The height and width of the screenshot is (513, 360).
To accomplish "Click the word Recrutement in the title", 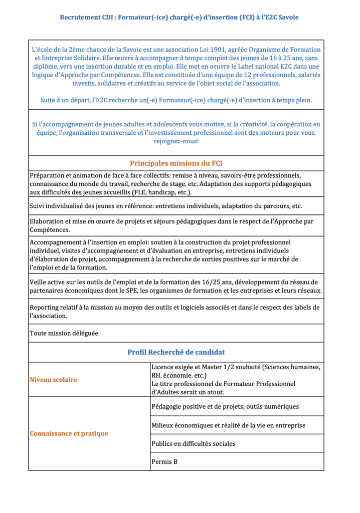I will point(80,18).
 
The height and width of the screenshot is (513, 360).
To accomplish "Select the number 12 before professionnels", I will point(208,75).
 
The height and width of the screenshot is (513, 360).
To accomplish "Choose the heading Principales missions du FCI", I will point(176,163).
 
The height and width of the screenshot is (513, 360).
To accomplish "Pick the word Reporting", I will point(46,308).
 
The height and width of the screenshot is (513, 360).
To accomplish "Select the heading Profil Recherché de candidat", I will point(176,352).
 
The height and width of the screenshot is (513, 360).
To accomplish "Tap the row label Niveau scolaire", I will point(54,380).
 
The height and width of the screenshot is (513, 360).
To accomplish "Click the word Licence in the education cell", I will point(163,367).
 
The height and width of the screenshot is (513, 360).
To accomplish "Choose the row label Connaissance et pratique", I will point(69,433).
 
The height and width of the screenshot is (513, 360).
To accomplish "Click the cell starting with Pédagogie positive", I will point(225,406).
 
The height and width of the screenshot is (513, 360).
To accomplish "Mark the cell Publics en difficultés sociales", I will point(193,443).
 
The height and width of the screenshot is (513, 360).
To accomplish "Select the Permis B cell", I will point(164,461).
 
